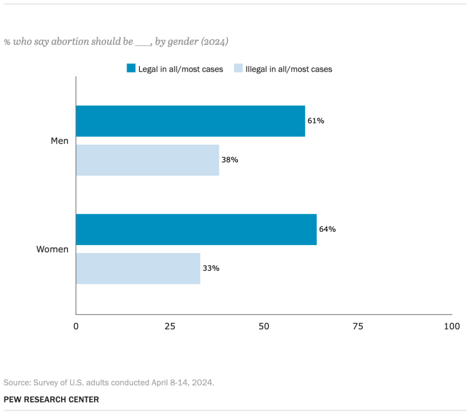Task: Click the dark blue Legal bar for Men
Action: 190,121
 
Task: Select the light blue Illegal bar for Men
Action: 147,160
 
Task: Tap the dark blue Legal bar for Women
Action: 196,229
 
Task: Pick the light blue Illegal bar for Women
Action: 138,269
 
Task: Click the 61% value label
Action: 316,121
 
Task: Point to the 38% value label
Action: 230,160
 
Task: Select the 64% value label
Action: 327,229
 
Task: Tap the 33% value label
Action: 211,269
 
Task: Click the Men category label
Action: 59,141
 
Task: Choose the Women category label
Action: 52,250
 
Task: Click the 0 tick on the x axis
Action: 76,326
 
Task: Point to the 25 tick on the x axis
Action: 170,326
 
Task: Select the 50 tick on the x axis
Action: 264,326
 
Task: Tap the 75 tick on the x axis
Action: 358,326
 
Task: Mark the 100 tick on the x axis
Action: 452,326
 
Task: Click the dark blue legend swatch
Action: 131,69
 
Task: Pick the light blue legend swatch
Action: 238,69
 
